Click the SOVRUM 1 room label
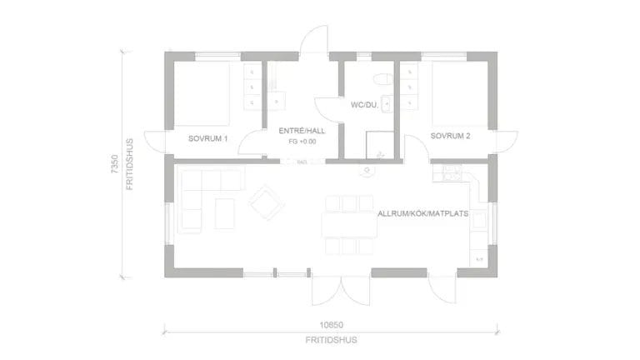[208, 137]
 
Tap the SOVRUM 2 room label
[451, 135]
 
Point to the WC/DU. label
[365, 105]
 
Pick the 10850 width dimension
[331, 325]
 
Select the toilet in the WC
[382, 79]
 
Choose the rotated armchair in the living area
[267, 202]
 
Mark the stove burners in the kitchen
[451, 173]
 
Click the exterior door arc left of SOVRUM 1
[155, 142]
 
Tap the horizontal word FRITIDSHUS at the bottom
[331, 340]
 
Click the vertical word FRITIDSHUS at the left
[130, 165]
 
